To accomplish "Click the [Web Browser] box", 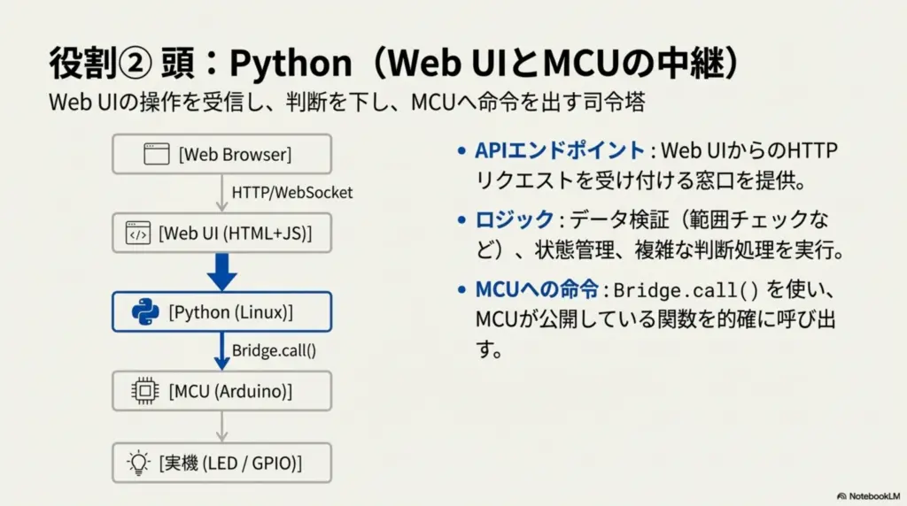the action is [222, 154].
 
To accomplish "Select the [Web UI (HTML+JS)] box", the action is [222, 233].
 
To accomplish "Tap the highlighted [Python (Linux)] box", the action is [222, 312].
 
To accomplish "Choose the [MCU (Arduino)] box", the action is [222, 391].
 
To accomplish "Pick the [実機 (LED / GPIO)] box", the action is [222, 463].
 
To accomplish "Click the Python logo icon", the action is [145, 312].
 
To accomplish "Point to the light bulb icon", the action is [138, 463].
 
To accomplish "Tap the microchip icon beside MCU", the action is [144, 391].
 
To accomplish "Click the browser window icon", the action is [156, 154].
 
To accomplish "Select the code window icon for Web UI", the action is [137, 233].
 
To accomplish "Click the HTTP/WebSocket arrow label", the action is [292, 192].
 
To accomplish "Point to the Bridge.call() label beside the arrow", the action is [275, 350].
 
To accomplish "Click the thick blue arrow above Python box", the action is [222, 272].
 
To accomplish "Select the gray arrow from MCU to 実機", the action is [222, 427].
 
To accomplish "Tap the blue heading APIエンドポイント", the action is [560, 150].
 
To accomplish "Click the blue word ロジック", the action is [515, 219].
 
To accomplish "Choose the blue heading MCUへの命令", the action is [537, 288].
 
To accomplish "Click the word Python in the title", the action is [291, 63].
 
